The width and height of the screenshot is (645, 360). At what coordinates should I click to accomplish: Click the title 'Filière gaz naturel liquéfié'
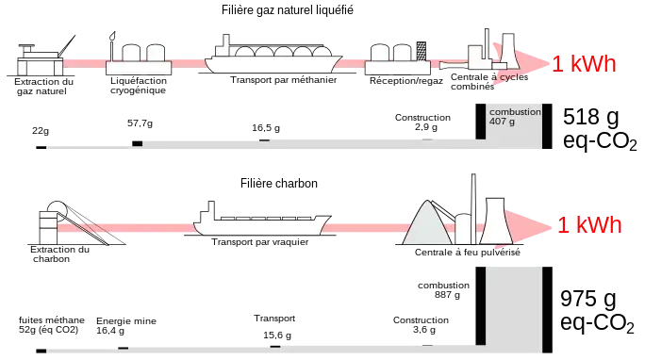tap(287, 10)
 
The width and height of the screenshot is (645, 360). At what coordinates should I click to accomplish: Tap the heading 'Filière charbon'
tap(279, 183)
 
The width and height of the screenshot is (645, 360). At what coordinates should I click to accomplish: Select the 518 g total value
tap(590, 117)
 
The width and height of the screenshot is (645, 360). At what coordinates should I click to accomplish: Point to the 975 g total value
tap(588, 299)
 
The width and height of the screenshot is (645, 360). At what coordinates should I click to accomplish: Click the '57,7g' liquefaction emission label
tap(140, 123)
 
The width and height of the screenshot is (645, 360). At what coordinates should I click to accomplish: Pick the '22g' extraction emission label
tap(41, 131)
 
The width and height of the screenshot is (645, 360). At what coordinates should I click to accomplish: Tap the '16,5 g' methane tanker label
tap(266, 128)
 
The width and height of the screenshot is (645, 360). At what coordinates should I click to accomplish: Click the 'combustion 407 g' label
tap(515, 116)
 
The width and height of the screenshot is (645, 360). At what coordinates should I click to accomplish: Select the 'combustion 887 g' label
tap(443, 289)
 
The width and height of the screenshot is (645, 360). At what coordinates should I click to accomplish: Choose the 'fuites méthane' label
tap(52, 319)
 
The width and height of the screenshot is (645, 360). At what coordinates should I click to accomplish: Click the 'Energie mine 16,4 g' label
tap(126, 325)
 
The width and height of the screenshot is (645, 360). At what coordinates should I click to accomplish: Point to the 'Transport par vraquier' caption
tap(260, 242)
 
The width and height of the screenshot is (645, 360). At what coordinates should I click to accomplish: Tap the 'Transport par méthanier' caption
tap(284, 80)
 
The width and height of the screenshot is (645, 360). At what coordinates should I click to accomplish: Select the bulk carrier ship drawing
tap(262, 219)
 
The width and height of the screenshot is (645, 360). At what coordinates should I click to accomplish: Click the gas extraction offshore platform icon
tap(41, 57)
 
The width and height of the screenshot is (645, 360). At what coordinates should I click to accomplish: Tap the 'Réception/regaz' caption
tap(406, 81)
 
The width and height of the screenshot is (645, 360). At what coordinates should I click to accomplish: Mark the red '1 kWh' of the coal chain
tap(589, 225)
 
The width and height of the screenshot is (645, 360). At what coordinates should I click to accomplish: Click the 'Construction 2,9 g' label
tap(422, 123)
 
